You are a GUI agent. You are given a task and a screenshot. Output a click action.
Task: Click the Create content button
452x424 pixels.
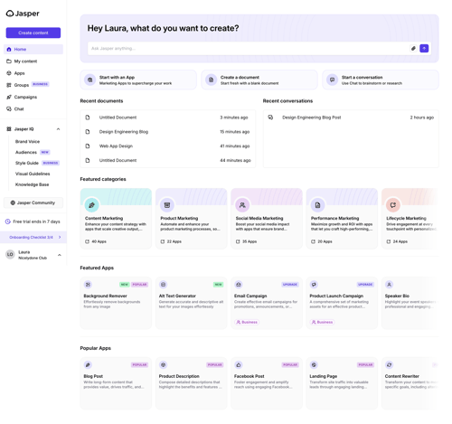click(33, 33)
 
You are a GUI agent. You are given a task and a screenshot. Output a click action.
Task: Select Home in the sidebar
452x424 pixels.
click(21, 50)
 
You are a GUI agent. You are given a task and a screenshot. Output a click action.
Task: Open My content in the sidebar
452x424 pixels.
click(25, 61)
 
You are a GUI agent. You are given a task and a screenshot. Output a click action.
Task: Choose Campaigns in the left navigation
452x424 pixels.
click(25, 97)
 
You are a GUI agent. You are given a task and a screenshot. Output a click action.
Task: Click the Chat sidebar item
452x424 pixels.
click(19, 108)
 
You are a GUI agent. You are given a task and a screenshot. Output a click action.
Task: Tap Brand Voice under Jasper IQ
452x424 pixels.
click(27, 142)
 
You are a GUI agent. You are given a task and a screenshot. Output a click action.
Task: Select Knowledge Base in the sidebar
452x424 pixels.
click(32, 184)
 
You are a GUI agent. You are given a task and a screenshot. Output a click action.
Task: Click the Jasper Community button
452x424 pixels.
click(33, 203)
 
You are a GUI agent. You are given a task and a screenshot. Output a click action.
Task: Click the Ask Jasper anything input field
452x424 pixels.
click(244, 48)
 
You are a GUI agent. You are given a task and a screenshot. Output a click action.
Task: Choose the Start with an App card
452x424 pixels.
click(137, 80)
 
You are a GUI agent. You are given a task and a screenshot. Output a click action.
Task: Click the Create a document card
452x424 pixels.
click(259, 80)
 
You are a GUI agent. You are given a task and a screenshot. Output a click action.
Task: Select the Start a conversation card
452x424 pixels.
click(378, 80)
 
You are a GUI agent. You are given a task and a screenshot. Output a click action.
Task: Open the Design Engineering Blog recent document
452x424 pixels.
click(124, 132)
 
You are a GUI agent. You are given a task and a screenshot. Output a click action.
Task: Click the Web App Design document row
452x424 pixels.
click(116, 146)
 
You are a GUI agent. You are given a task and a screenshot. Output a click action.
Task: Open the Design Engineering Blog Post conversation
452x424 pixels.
click(312, 118)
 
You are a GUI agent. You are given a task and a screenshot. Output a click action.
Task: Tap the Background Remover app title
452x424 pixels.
click(105, 296)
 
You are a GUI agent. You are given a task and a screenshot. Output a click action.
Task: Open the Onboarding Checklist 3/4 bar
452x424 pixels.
click(33, 237)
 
